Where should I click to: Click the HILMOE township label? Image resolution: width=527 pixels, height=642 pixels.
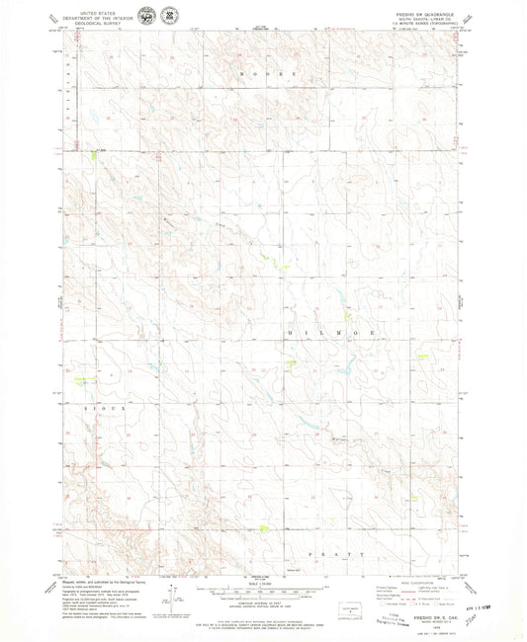332,335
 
